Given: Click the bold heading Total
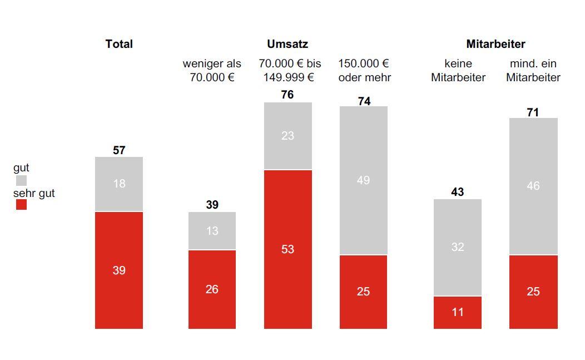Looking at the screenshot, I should point(119,44).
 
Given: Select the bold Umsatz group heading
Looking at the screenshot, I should point(287,44).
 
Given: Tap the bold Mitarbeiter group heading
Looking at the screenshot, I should point(495,44).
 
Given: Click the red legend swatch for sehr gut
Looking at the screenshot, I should point(21,204).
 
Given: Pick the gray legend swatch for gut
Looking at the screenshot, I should point(21,180).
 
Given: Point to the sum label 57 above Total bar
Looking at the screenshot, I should point(119,150).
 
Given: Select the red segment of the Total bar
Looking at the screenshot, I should point(119,270).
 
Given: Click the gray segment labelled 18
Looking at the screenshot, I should point(119,184).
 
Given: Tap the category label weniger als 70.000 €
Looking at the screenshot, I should point(212,71).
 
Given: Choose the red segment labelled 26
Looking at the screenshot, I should point(212,289).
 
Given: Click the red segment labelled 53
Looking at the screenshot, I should point(287,249).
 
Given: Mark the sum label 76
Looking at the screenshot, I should point(287,95).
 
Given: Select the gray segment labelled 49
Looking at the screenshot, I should point(363,180).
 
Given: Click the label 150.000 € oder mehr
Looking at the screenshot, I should point(364,71).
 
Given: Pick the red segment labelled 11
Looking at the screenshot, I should point(458,312).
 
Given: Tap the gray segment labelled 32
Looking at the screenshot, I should point(458,247).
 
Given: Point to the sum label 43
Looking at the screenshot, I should point(458,192).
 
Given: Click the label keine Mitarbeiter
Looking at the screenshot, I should point(458,71).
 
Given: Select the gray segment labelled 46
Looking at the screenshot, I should point(533,186).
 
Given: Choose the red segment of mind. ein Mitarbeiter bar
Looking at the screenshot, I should point(533,292).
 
